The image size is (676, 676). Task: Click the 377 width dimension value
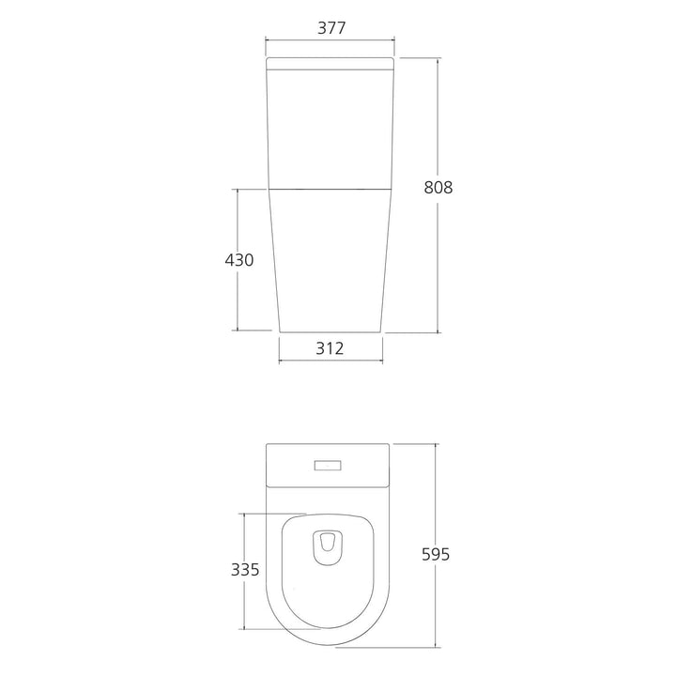tap(330, 27)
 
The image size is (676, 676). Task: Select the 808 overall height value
tap(438, 187)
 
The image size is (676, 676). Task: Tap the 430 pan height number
tap(238, 260)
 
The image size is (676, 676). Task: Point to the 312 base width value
tap(330, 348)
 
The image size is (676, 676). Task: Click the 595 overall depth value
tap(436, 554)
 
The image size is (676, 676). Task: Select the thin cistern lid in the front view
tap(330, 63)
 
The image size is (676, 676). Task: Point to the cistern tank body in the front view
tap(330, 127)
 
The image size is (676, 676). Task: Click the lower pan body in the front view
tap(330, 263)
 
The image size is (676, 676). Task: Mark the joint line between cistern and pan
tap(330, 189)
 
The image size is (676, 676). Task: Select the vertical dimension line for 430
tap(238, 300)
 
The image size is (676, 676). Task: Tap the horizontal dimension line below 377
tap(330, 40)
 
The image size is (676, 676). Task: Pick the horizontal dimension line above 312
tap(330, 361)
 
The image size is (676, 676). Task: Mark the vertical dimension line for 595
tap(436, 498)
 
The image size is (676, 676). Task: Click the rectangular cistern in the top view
tap(282, 465)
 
